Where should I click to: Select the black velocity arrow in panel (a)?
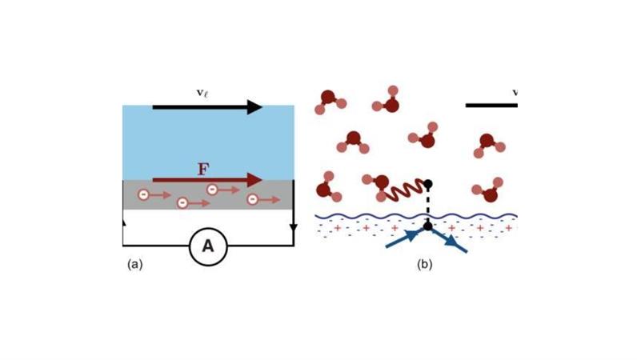tap(207, 107)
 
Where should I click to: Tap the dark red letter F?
tap(204, 169)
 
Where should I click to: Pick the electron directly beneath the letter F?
tap(212, 190)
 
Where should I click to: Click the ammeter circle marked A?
tap(208, 246)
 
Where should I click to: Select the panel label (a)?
tap(134, 264)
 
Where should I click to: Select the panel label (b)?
tap(424, 264)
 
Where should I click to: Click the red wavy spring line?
tap(404, 190)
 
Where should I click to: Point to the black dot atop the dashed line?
tap(428, 184)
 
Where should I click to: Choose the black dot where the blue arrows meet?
tap(428, 227)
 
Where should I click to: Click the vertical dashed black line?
tap(428, 206)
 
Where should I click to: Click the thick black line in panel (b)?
tap(491, 105)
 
